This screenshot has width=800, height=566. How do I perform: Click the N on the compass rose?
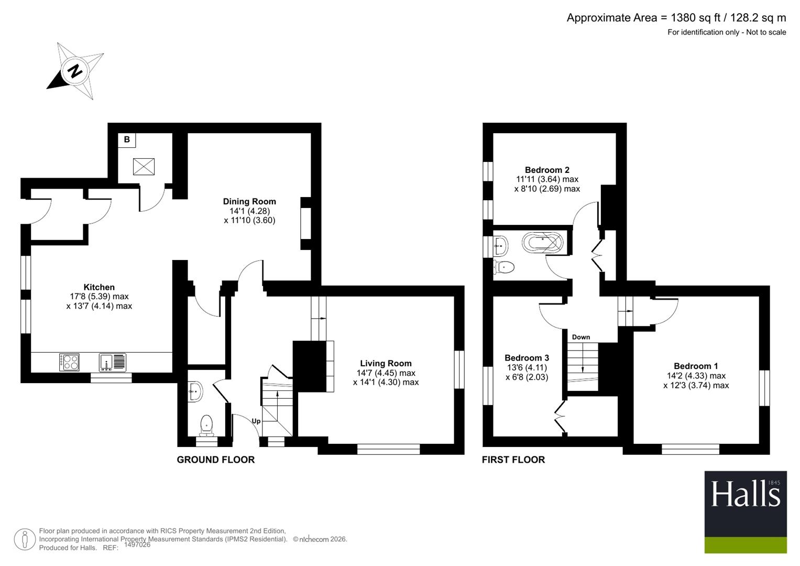click(x=75, y=71)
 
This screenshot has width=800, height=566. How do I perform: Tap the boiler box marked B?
click(x=127, y=140)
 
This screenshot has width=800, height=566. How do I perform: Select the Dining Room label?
click(x=250, y=202)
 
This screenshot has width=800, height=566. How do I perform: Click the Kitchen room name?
click(x=99, y=287)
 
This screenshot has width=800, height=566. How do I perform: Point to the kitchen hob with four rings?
click(x=69, y=362)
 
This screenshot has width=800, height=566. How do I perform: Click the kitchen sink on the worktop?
click(x=113, y=362)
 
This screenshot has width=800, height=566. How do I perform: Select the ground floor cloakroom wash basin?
click(x=195, y=391)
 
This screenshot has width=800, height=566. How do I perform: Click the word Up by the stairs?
click(x=256, y=421)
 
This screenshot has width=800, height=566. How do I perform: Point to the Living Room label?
click(x=386, y=363)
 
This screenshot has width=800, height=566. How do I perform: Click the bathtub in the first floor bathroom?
click(x=542, y=243)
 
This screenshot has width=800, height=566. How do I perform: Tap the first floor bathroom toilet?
click(x=504, y=267)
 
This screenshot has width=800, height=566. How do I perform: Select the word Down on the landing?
click(x=581, y=337)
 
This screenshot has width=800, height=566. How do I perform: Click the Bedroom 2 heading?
click(x=547, y=170)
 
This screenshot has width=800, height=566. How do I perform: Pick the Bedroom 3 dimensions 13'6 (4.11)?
click(x=527, y=367)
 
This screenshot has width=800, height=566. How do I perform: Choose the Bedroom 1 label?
click(x=696, y=366)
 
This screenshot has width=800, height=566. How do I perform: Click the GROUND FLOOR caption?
click(x=216, y=460)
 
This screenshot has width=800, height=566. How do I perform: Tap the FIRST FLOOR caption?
click(x=513, y=460)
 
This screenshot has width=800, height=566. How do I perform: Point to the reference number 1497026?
click(x=137, y=545)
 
